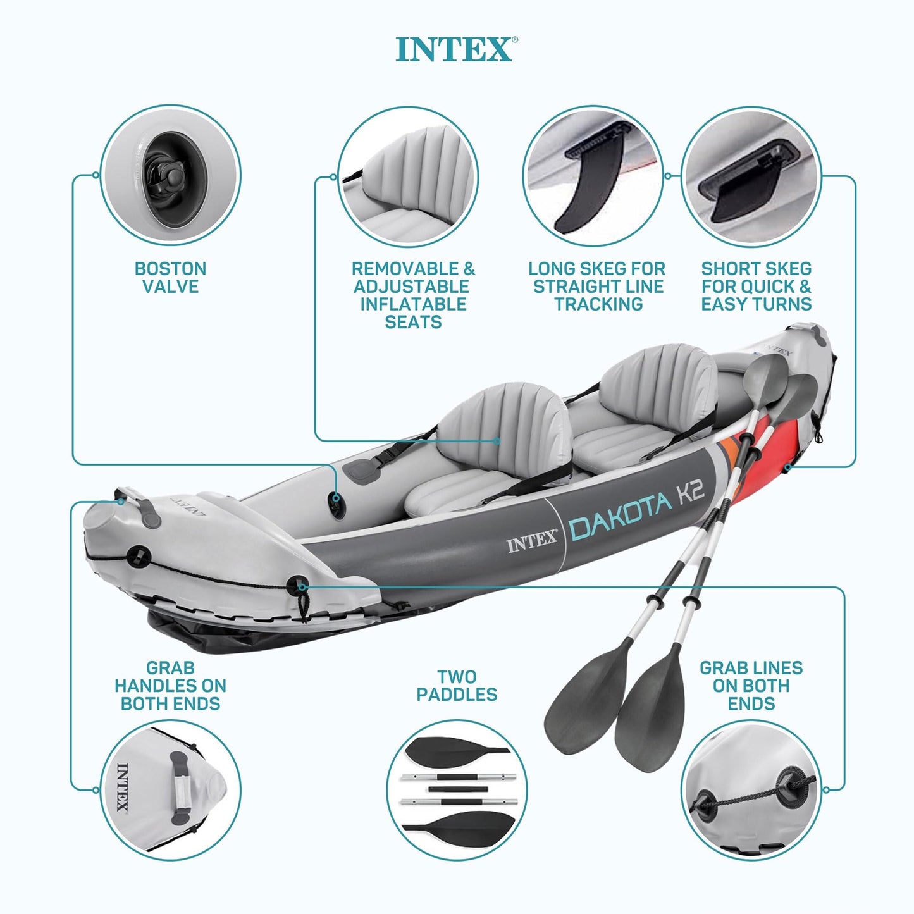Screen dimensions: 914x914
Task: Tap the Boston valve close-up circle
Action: pyautogui.click(x=170, y=175)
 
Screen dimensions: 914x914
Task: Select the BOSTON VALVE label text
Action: pyautogui.click(x=170, y=278)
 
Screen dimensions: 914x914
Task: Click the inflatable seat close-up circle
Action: pyautogui.click(x=407, y=176)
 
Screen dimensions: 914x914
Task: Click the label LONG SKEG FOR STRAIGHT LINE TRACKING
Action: pyautogui.click(x=598, y=287)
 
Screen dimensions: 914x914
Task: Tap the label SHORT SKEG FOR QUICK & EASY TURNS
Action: pyautogui.click(x=757, y=287)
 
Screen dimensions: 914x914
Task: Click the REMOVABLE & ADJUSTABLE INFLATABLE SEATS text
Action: pyautogui.click(x=413, y=295)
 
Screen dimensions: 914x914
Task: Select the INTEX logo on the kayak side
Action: pyautogui.click(x=531, y=542)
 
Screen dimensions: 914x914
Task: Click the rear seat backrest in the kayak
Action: pyautogui.click(x=658, y=383)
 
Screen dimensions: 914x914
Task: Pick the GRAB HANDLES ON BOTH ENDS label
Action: pyautogui.click(x=170, y=686)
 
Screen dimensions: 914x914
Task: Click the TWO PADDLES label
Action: pyautogui.click(x=457, y=686)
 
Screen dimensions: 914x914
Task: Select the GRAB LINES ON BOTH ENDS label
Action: pyautogui.click(x=751, y=686)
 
